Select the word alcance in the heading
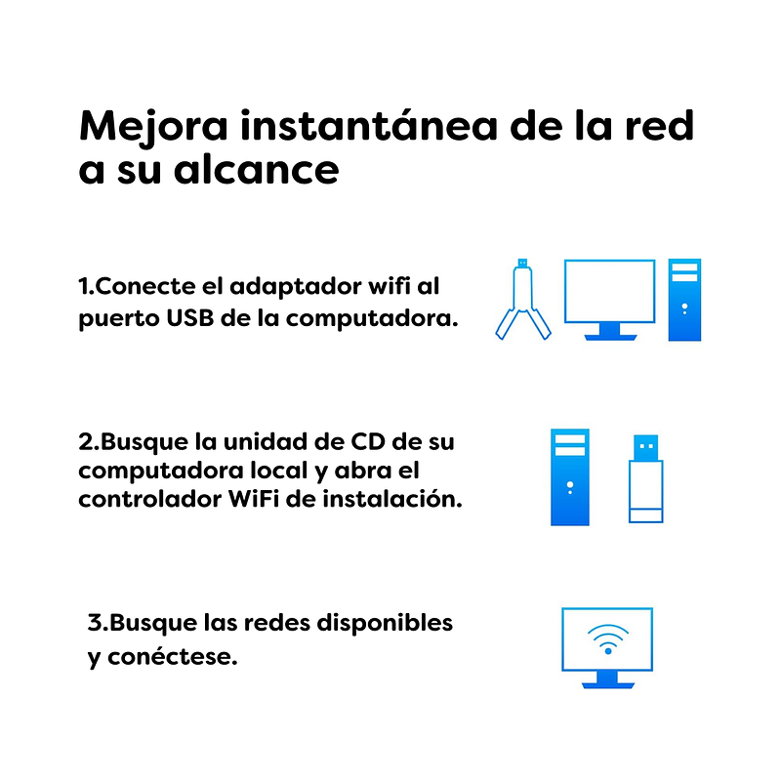click(256, 169)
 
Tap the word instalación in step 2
click(392, 498)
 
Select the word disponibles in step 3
click(385, 623)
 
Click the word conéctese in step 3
click(173, 656)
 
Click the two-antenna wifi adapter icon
click(523, 300)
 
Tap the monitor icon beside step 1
click(609, 300)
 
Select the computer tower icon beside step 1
click(684, 300)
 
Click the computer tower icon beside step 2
click(570, 476)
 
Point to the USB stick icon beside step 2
click(645, 478)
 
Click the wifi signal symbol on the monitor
click(607, 638)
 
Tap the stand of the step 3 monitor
click(607, 679)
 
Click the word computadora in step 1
click(372, 318)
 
